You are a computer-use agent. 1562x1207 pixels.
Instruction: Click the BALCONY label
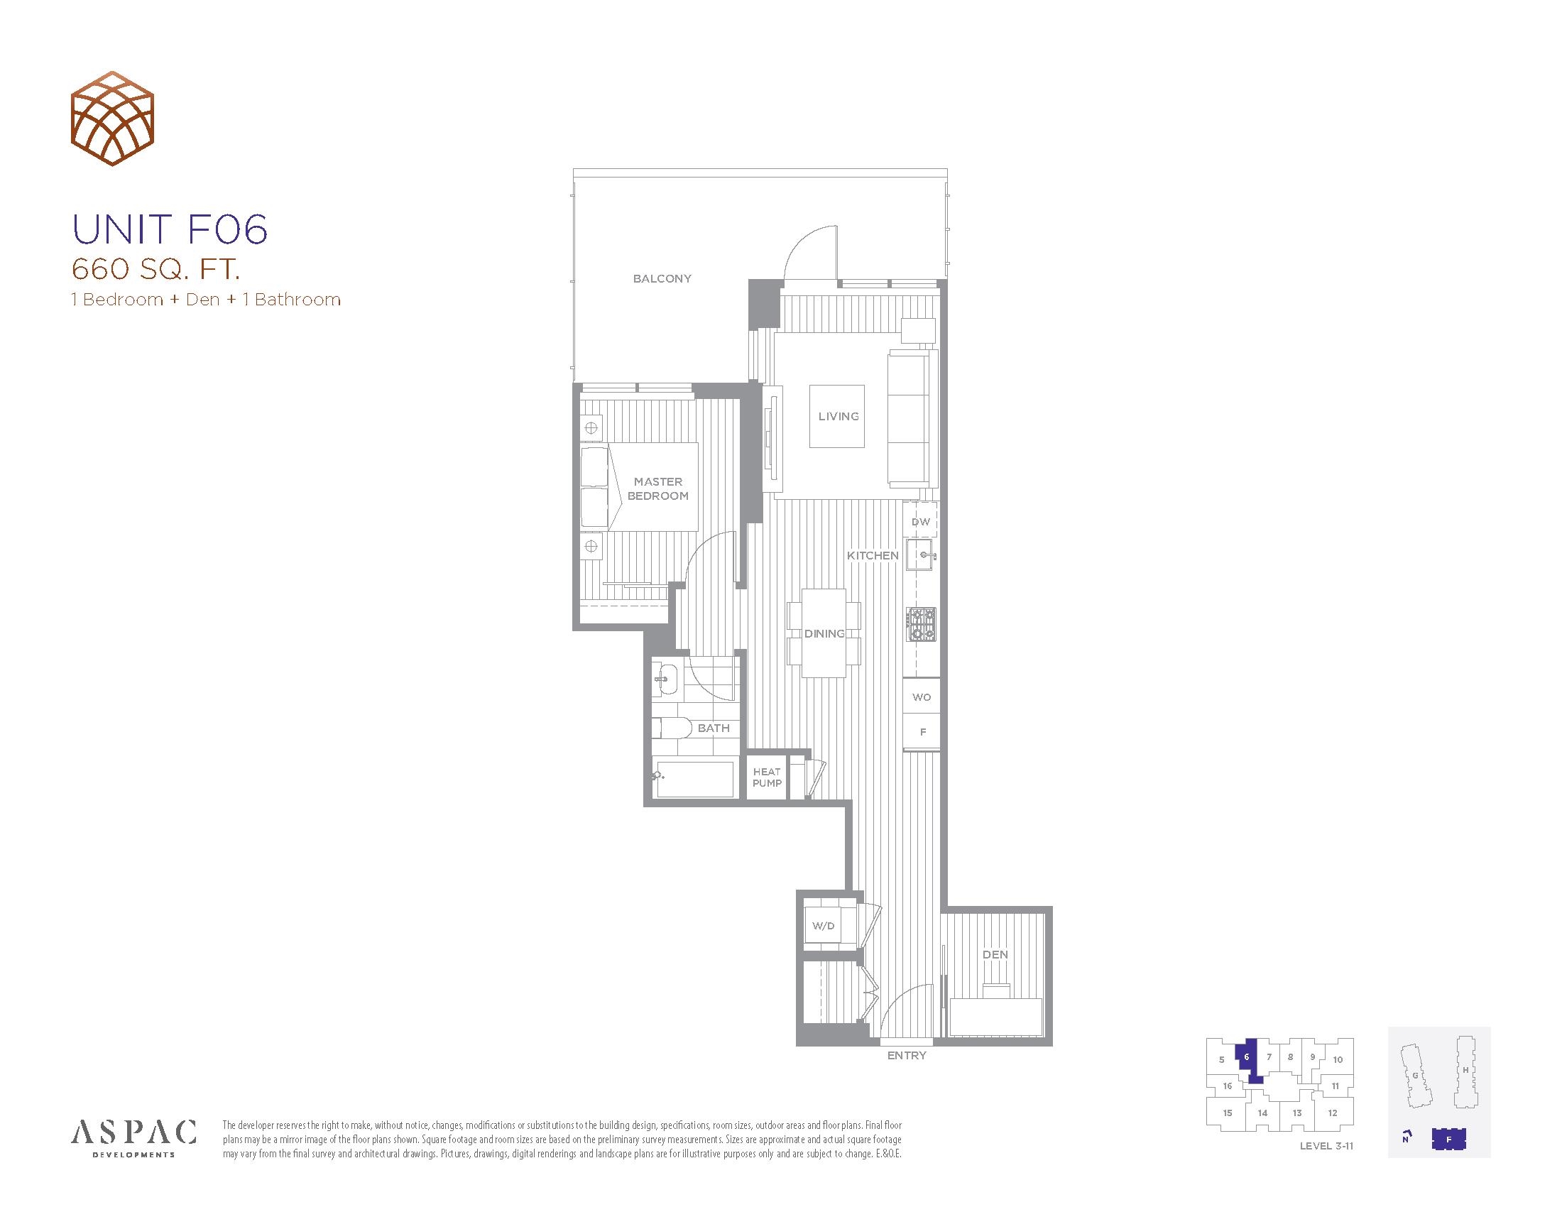point(662,278)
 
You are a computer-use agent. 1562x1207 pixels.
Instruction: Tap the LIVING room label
point(839,416)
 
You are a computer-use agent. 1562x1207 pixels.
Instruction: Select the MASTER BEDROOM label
point(658,488)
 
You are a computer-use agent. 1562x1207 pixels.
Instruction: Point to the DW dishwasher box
point(920,521)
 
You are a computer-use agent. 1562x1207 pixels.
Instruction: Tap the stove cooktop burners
point(922,624)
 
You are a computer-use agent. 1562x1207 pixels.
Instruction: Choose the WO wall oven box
point(921,697)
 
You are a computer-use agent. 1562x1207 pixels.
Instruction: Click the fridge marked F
point(921,732)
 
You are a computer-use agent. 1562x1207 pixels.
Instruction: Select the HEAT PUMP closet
point(767,777)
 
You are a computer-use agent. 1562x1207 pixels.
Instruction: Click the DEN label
point(995,954)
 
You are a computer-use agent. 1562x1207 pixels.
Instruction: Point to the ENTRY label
point(906,1055)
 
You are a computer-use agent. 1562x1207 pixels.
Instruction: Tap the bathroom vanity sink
point(666,679)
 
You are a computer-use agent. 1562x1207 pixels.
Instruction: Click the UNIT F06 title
point(170,229)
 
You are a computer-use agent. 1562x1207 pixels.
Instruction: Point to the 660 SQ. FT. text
point(155,270)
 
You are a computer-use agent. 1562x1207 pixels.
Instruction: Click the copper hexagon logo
point(112,119)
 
